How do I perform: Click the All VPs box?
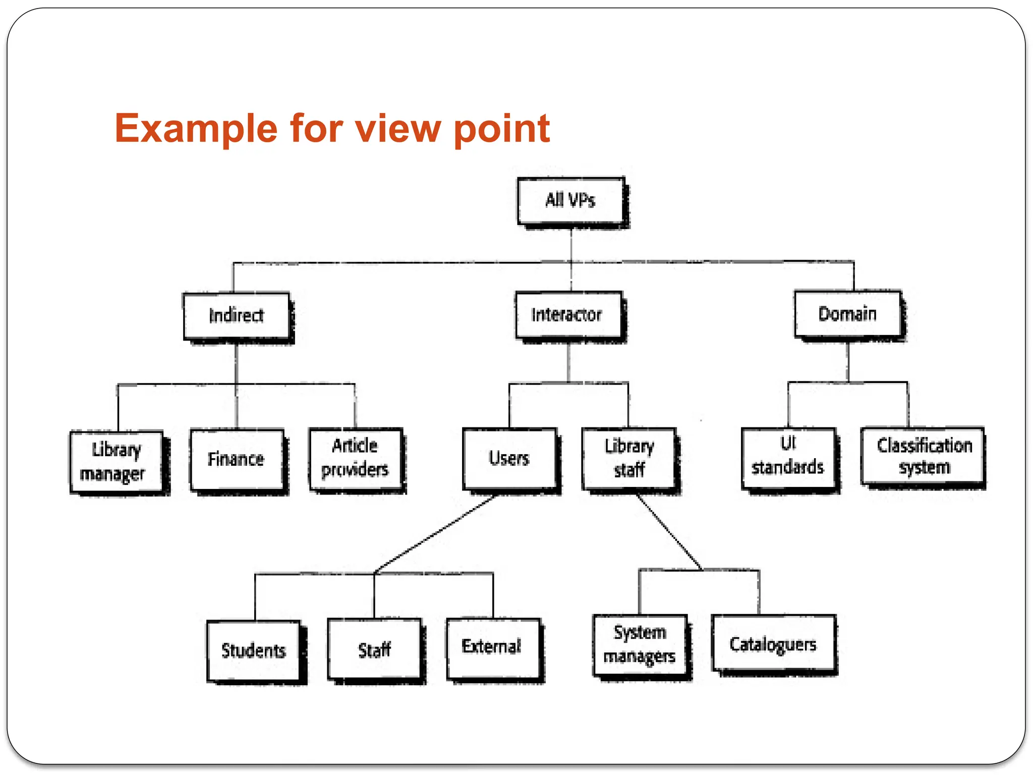(x=571, y=200)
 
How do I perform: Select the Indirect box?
(x=236, y=316)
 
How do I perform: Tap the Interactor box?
(x=568, y=315)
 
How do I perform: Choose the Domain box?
(x=847, y=314)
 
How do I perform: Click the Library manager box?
(x=117, y=461)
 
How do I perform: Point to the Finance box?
(x=237, y=459)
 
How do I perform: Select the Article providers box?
(x=356, y=458)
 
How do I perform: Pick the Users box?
(x=509, y=458)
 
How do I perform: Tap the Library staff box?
(x=629, y=458)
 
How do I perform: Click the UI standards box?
(x=788, y=457)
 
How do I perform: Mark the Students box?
(x=253, y=651)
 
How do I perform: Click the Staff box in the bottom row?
(x=374, y=649)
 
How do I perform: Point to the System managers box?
(x=640, y=644)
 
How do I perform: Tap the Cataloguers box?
(x=773, y=643)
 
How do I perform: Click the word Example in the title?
(x=196, y=129)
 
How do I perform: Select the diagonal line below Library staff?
(x=669, y=533)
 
